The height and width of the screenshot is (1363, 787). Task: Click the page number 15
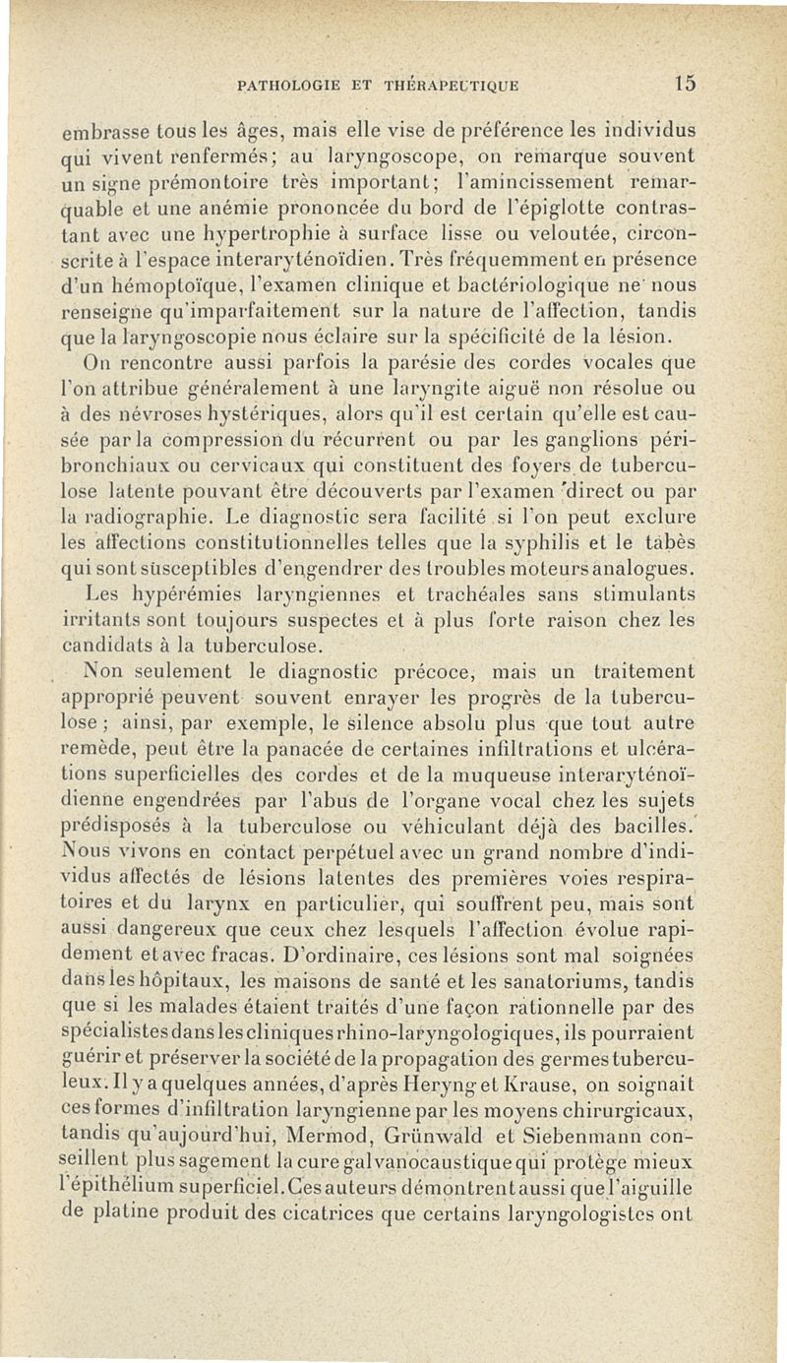click(685, 85)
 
